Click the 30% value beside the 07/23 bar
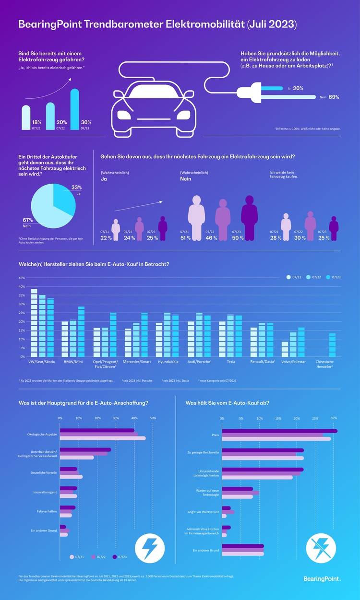point(86,122)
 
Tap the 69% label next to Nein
point(334,97)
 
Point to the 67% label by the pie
point(27,220)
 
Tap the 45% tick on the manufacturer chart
point(21,278)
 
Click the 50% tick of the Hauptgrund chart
point(153,418)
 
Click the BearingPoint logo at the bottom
point(322,579)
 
